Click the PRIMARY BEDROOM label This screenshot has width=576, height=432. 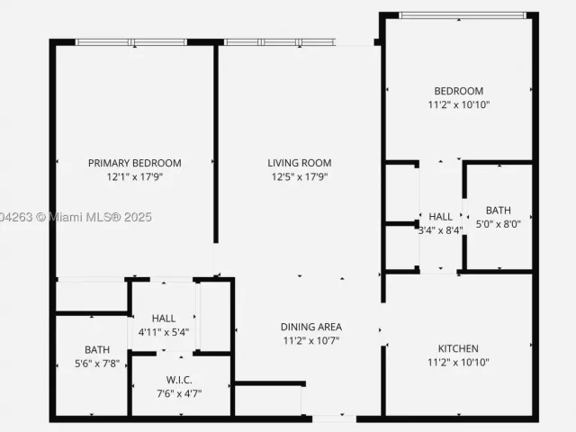134,163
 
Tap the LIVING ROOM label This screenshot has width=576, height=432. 300,163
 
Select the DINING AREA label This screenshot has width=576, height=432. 311,327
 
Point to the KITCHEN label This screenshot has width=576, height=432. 458,348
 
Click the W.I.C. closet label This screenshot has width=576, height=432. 179,380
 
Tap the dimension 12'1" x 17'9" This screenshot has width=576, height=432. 134,177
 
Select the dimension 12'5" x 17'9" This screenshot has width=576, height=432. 300,177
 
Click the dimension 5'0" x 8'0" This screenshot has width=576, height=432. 498,224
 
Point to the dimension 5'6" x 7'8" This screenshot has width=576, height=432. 97,364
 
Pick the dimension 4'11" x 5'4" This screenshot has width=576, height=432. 164,332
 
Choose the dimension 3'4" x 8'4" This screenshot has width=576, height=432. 440,230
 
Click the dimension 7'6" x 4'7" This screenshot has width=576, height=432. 179,394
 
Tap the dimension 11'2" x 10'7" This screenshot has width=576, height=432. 311,341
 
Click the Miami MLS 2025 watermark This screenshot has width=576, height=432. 76,217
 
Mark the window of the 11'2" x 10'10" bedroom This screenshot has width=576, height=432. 463,15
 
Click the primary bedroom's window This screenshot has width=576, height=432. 131,42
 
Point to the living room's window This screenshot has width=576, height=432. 280,42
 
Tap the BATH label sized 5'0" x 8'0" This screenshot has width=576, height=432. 498,211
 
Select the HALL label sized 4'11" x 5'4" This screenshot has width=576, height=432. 164,319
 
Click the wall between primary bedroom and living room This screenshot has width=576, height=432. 216,144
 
